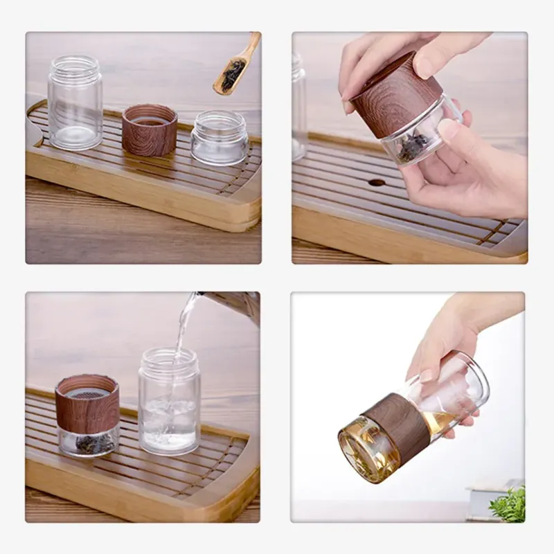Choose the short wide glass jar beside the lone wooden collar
coord(220,138)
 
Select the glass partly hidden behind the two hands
coord(298,104)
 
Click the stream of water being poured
coord(181,332)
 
